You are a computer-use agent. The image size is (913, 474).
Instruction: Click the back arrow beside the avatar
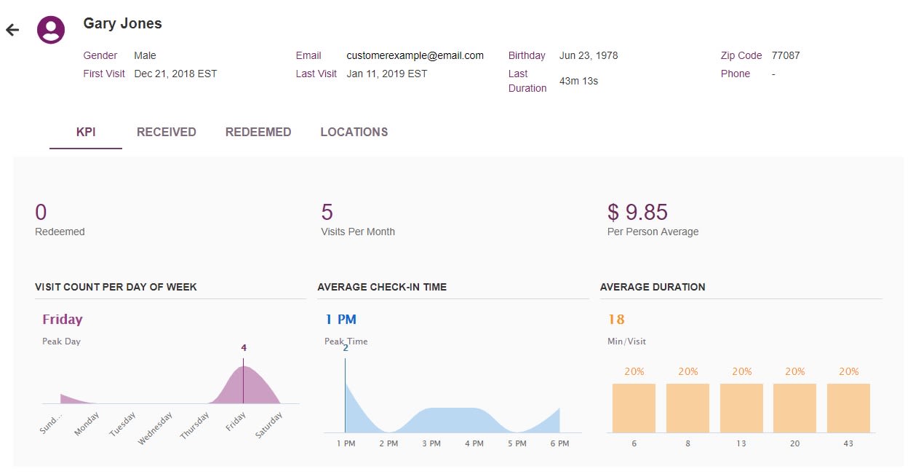click(12, 30)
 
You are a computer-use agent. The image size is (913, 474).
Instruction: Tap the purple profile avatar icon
click(51, 30)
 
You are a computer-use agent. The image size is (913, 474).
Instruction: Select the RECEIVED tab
click(167, 133)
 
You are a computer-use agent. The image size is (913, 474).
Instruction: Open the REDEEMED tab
click(258, 133)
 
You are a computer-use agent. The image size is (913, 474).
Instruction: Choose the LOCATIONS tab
click(354, 133)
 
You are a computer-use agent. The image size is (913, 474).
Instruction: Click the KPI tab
click(86, 133)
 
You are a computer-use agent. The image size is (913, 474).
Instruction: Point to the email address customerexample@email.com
click(415, 55)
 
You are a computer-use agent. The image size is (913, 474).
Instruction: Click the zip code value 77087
click(786, 55)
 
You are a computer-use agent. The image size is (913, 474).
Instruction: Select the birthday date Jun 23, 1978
click(589, 55)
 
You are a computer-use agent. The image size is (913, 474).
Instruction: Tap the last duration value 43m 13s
click(578, 81)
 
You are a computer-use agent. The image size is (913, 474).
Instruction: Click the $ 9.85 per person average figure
click(637, 212)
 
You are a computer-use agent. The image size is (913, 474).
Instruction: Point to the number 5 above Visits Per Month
click(327, 212)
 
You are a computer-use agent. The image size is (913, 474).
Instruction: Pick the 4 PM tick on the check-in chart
click(474, 443)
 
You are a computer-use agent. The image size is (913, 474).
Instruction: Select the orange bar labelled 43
click(848, 408)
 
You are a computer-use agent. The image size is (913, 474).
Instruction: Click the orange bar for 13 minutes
click(741, 408)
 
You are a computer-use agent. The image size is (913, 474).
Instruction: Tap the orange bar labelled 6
click(634, 408)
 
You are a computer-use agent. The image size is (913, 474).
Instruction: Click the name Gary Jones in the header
click(123, 23)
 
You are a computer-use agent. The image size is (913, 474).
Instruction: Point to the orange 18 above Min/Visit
click(616, 320)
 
